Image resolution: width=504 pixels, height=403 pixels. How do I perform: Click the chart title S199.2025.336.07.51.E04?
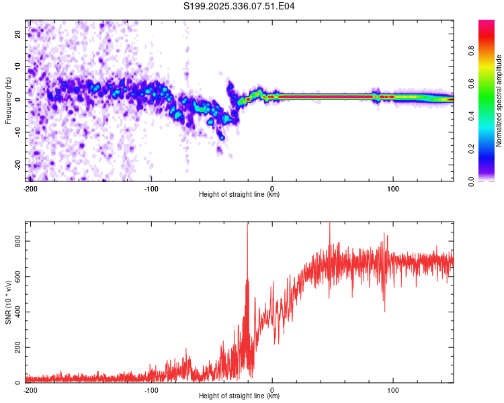click(239, 7)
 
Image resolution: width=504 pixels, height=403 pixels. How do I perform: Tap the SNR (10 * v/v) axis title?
click(8, 302)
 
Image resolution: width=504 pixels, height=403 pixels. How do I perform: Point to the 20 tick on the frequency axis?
click(18, 34)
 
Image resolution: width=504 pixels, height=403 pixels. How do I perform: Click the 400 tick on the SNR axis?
click(18, 312)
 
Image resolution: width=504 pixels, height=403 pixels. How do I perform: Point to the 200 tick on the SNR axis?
click(18, 347)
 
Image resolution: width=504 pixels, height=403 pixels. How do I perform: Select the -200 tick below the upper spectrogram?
click(30, 187)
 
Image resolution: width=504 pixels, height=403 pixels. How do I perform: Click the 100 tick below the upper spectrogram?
click(393, 187)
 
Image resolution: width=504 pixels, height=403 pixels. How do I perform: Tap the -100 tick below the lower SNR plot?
click(151, 390)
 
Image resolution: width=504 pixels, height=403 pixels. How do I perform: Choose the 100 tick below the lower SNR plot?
click(393, 390)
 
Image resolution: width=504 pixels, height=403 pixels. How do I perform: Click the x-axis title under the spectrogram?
click(239, 195)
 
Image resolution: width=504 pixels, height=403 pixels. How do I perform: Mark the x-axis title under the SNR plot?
click(239, 397)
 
